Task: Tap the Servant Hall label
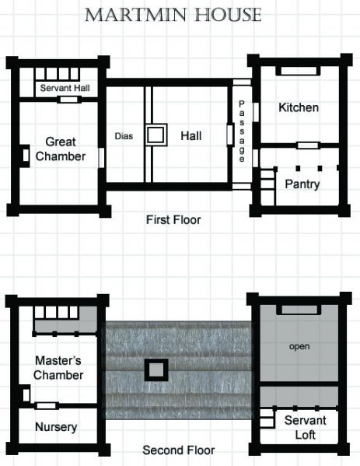point(65,88)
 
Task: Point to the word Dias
point(124,136)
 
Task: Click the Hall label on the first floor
point(190,136)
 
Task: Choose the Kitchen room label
point(298,107)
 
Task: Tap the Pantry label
point(302,184)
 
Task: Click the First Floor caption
point(173,220)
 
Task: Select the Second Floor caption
point(178,450)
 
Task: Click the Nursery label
point(56,427)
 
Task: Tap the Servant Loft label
point(305,427)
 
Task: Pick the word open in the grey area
point(299,346)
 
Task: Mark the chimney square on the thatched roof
point(156,370)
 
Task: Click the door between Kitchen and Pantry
point(308,145)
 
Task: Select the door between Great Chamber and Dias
point(102,156)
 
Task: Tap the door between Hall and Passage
point(230,134)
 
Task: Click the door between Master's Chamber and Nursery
point(48,405)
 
